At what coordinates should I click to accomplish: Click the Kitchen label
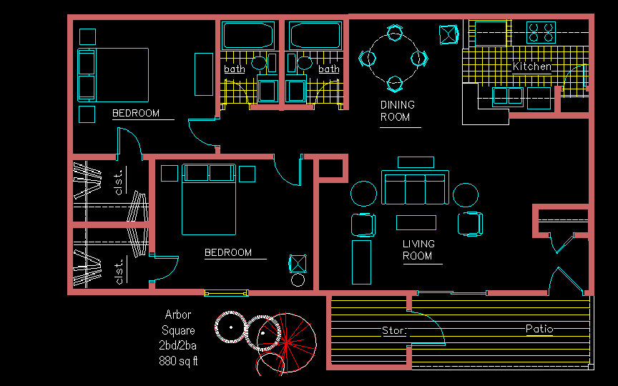(531, 66)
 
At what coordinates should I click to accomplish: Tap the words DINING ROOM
(397, 111)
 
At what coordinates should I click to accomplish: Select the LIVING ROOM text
(418, 249)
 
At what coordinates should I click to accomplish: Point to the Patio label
(539, 329)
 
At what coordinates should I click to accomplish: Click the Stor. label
(394, 330)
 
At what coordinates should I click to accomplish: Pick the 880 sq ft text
(178, 360)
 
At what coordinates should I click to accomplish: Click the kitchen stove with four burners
(541, 32)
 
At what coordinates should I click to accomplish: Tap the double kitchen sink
(508, 97)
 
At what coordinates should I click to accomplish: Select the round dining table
(394, 58)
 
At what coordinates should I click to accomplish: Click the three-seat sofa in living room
(415, 187)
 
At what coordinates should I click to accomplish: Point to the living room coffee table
(416, 222)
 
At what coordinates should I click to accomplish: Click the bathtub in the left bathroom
(248, 36)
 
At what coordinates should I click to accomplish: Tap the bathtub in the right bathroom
(315, 36)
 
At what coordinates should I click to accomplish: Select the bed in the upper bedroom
(113, 75)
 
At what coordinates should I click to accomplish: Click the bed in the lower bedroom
(209, 199)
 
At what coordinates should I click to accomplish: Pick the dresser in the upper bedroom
(204, 74)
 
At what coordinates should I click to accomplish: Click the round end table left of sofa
(363, 194)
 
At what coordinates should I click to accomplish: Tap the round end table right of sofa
(466, 195)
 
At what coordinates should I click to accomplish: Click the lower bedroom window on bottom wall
(226, 292)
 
